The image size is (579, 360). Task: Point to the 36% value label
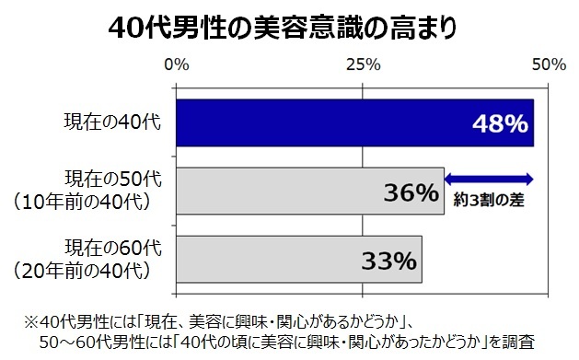tap(410, 192)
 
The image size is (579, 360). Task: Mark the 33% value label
tap(388, 261)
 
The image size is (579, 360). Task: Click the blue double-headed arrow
tap(489, 178)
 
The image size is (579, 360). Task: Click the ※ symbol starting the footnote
tap(30, 321)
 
